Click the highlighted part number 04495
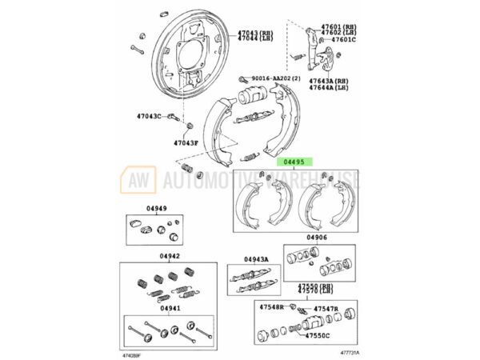[x=291, y=161]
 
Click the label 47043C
[x=149, y=117]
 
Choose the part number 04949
[x=157, y=210]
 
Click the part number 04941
[x=169, y=307]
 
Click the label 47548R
[x=271, y=307]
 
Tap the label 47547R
[x=326, y=307]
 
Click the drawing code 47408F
[x=132, y=352]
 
